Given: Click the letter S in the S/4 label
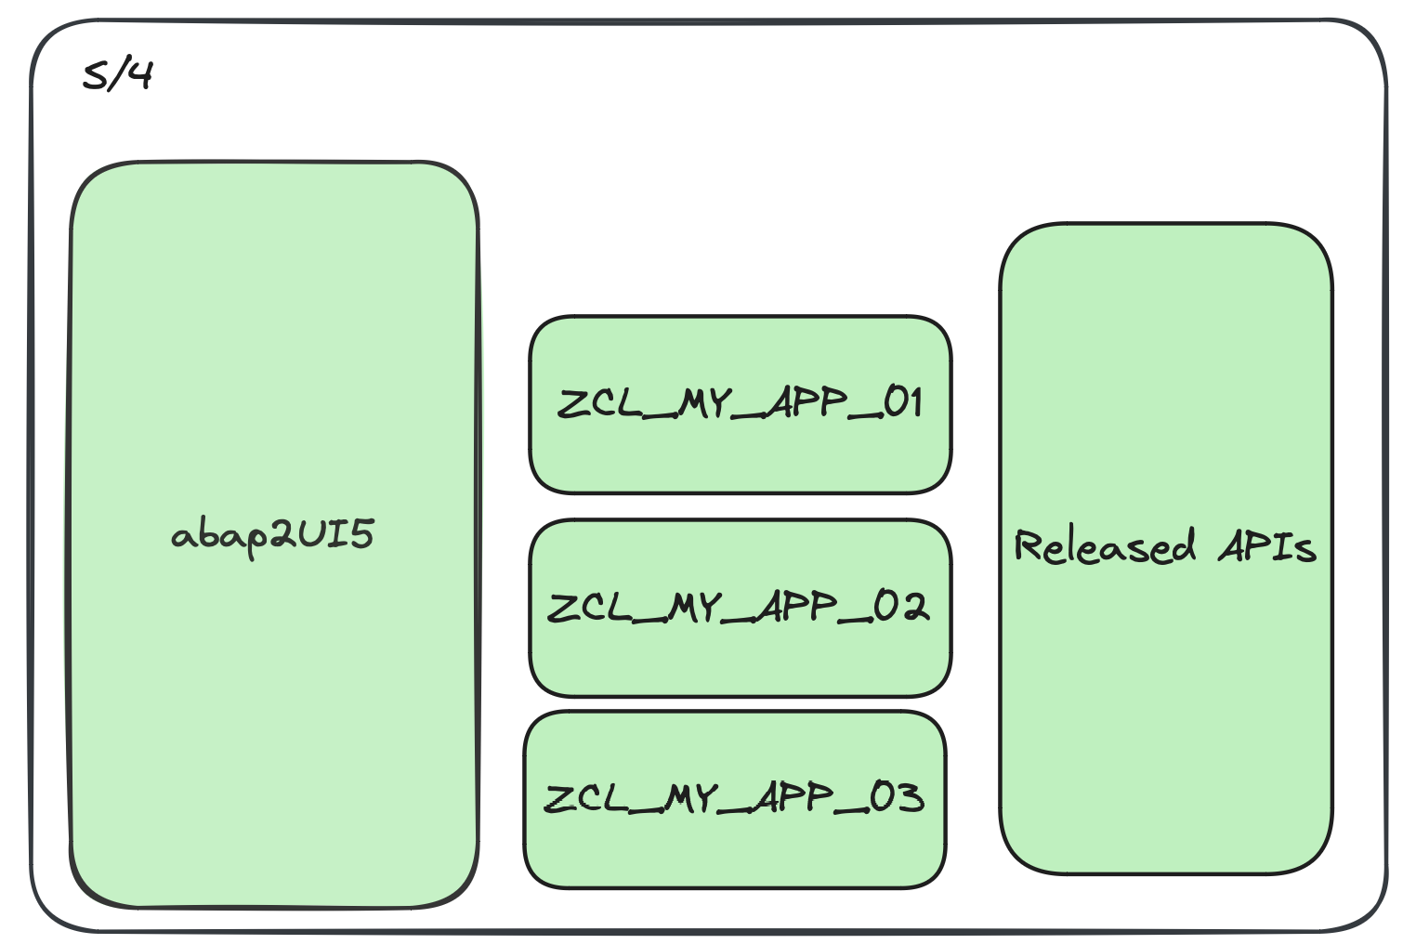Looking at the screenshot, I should coord(94,75).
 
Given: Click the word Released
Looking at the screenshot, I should coord(1104,546).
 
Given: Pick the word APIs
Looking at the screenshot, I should coord(1267,546).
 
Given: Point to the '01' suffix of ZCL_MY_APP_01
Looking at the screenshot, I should coord(902,402).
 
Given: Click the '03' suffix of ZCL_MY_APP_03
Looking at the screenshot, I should coord(896,797).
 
